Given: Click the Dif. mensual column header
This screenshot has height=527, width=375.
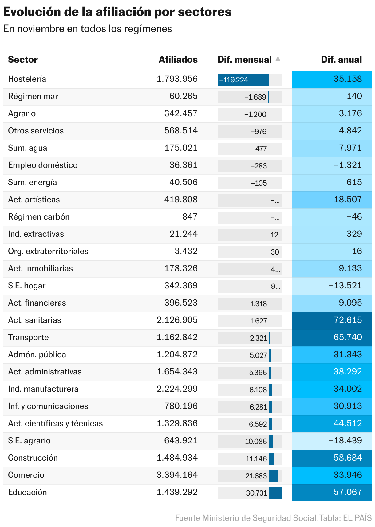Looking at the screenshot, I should click(x=244, y=60).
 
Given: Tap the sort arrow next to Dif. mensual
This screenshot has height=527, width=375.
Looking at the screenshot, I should click(x=278, y=59).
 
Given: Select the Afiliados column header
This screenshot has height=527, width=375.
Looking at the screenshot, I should click(x=178, y=60).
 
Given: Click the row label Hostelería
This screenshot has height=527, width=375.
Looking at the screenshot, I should click(x=27, y=79).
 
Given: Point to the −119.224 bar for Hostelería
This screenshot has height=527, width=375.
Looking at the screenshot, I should click(x=243, y=80).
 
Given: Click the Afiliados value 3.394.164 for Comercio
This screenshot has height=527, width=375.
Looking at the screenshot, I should click(x=177, y=475).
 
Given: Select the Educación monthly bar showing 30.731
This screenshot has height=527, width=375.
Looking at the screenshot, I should click(x=275, y=493).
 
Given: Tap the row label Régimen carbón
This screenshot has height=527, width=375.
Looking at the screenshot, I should click(x=39, y=217).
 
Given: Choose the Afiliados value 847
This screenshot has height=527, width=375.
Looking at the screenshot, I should click(x=190, y=217).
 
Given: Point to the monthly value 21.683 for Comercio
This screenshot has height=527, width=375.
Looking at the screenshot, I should click(x=256, y=476).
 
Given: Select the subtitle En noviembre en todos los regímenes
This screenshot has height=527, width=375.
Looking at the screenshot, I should click(x=88, y=29).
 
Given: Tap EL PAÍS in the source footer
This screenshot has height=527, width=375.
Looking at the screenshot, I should click(x=357, y=518).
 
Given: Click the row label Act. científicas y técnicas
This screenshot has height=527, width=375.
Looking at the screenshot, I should click(x=55, y=424).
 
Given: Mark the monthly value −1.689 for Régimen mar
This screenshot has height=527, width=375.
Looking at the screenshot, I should click(x=255, y=97).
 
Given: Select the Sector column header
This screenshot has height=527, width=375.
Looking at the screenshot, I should click(x=23, y=60).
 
